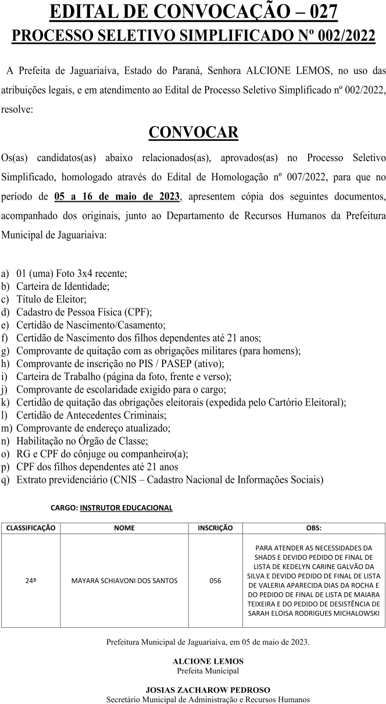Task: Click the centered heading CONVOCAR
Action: click(193, 133)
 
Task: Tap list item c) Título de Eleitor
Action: click(52, 300)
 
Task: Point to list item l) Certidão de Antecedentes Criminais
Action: click(91, 415)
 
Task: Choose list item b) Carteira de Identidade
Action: click(63, 286)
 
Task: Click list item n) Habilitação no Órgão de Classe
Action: click(82, 441)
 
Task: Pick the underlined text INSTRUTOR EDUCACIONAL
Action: click(126, 507)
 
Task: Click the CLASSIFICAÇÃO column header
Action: click(30, 528)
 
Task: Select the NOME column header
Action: click(124, 528)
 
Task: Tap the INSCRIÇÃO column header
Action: click(215, 528)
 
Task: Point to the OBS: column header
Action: click(313, 528)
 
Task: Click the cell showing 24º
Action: click(31, 581)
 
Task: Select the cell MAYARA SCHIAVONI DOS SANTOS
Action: click(124, 581)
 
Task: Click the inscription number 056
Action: click(215, 581)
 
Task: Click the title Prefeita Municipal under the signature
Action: click(208, 671)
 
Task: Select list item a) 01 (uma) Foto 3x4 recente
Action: click(72, 273)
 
